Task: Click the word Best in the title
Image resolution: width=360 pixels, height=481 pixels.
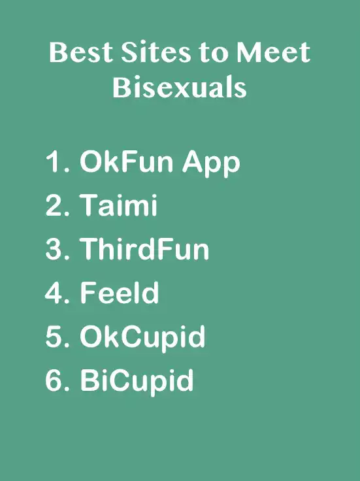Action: click(80, 52)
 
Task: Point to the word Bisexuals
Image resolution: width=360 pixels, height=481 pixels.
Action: click(180, 87)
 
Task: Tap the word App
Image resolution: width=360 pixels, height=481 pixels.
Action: click(211, 164)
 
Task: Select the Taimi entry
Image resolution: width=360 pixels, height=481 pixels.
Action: click(118, 205)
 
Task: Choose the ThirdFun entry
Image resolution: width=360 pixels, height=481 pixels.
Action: click(144, 248)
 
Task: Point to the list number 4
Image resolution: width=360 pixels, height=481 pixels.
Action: click(57, 292)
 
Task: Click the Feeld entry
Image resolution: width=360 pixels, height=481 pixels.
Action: click(120, 292)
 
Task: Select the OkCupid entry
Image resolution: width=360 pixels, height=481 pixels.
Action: click(142, 339)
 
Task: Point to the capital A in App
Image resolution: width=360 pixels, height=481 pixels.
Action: click(193, 161)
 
